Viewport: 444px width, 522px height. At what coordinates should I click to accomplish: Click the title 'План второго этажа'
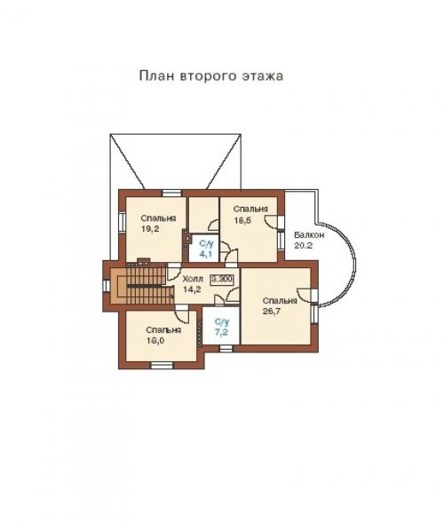(x=210, y=75)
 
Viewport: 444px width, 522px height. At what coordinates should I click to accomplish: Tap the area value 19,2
(x=150, y=228)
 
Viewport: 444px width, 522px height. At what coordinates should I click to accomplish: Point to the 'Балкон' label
(x=307, y=234)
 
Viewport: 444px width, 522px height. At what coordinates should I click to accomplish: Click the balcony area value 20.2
(x=304, y=245)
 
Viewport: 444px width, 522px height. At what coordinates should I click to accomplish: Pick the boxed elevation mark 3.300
(x=223, y=278)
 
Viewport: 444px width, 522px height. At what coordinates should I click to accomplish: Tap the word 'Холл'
(x=192, y=278)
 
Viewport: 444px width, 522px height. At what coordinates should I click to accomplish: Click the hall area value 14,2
(x=192, y=289)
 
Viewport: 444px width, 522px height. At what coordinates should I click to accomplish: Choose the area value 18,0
(x=157, y=339)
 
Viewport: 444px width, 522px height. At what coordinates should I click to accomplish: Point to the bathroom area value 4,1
(x=205, y=254)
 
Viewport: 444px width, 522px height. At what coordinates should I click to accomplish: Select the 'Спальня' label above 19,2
(x=157, y=217)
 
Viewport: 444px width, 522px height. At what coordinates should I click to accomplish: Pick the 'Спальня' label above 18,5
(x=251, y=208)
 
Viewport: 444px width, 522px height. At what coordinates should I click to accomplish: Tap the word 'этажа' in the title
(x=263, y=75)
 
